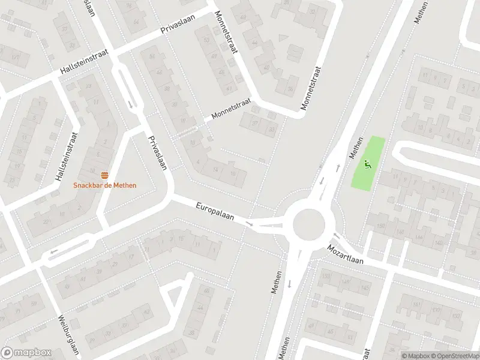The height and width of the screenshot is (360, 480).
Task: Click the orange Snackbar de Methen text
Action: (x=105, y=185)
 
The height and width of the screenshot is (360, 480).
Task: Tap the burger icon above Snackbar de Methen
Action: (x=105, y=175)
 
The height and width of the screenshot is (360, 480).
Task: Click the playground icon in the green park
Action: (x=368, y=163)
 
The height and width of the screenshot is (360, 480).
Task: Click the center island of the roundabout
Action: (x=309, y=225)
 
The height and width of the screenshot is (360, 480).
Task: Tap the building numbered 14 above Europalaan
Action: (x=215, y=170)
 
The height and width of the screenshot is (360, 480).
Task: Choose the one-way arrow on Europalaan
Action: (x=250, y=224)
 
